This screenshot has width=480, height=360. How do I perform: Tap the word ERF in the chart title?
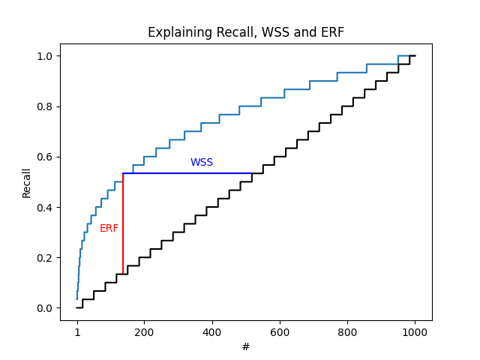331,33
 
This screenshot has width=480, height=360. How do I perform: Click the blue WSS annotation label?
201,163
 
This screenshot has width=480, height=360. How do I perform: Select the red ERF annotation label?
109,229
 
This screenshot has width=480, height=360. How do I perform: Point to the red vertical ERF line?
123,225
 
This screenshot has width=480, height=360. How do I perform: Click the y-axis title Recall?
27,182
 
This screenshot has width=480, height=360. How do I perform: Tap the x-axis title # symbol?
246,347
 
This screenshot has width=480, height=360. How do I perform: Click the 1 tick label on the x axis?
77,331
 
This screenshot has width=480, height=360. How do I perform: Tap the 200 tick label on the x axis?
145,331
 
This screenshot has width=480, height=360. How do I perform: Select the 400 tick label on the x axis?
212,331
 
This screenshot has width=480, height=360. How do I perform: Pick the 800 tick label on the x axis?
347,331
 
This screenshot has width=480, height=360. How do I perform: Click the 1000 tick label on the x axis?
415,331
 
